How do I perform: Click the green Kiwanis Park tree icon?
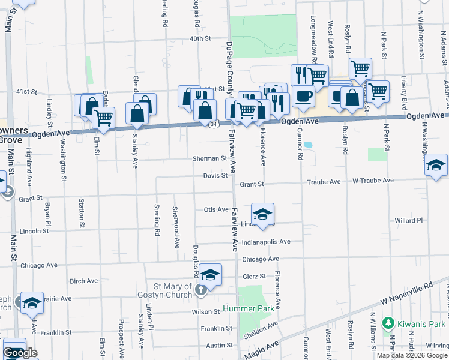tap(388, 323)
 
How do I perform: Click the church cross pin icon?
tap(201, 290)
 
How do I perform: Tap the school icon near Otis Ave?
tap(262, 214)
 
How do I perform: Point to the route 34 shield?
tap(214, 124)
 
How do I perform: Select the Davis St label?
tap(215, 176)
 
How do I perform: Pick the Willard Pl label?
tap(409, 221)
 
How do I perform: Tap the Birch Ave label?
tap(83, 281)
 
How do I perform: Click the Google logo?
tap(20, 353)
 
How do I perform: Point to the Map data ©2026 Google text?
tap(412, 355)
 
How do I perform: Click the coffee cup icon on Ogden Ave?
tap(304, 95)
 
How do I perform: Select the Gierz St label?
tap(254, 276)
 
